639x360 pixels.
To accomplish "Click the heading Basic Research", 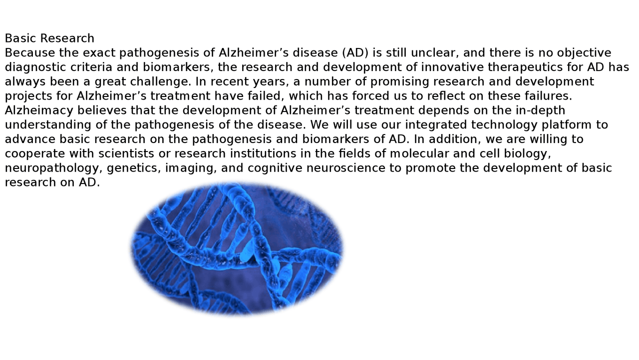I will coord(49,38).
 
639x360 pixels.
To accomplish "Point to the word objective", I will coord(584,53).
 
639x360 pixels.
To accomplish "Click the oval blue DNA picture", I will coord(237,248).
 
